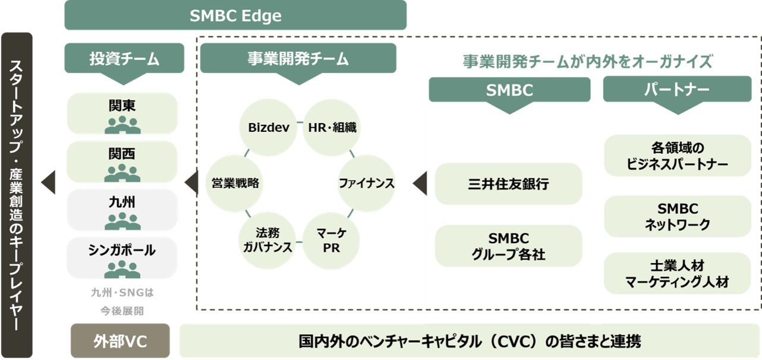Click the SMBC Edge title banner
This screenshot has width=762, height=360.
coord(235,15)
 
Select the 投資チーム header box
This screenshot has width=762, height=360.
coord(125,59)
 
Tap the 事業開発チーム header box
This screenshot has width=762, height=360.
coord(298,59)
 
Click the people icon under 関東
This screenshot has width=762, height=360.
coord(122,124)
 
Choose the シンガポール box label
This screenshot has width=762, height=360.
coord(122,250)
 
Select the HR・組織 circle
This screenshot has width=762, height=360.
coord(332,127)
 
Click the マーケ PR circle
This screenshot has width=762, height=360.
coord(332,240)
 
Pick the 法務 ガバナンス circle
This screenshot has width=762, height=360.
coord(267,240)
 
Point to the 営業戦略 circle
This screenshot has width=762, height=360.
coord(235,183)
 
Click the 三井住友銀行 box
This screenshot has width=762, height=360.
coord(508,184)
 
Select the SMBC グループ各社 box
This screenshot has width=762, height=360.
coord(508,246)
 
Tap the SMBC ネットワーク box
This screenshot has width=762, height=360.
coord(678,216)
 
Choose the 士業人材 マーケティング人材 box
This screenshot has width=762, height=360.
coord(678,273)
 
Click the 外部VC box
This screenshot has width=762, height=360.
coord(120,341)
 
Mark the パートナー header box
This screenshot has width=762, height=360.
coord(677,90)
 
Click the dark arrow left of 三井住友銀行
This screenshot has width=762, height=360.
coord(420,184)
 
